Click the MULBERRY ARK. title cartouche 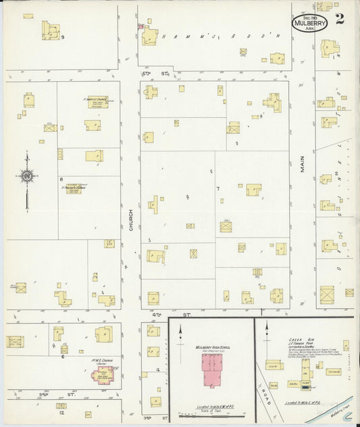[310, 23]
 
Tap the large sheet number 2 [340, 18]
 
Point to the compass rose [26, 176]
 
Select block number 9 [63, 37]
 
